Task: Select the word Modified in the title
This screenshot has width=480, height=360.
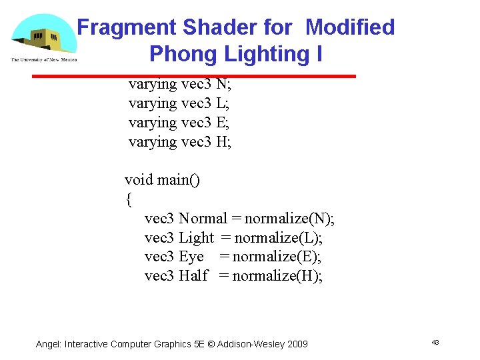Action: [350, 27]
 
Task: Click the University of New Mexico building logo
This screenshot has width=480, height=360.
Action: [43, 37]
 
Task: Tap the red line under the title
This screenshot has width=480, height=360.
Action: [194, 77]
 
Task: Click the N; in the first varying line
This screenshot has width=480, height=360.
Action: [224, 85]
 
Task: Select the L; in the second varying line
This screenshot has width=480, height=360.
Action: [223, 103]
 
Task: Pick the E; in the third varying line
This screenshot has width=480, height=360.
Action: [223, 123]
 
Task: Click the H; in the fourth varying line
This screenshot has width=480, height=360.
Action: [224, 141]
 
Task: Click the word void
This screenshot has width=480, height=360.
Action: [139, 180]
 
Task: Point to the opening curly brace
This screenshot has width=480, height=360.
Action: [128, 199]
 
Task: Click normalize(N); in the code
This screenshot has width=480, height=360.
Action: [290, 218]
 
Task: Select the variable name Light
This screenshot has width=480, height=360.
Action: [197, 237]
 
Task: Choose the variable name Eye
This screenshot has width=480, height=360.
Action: [191, 256]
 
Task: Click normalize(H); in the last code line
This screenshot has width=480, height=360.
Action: [277, 275]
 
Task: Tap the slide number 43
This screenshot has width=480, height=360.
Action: [435, 342]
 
